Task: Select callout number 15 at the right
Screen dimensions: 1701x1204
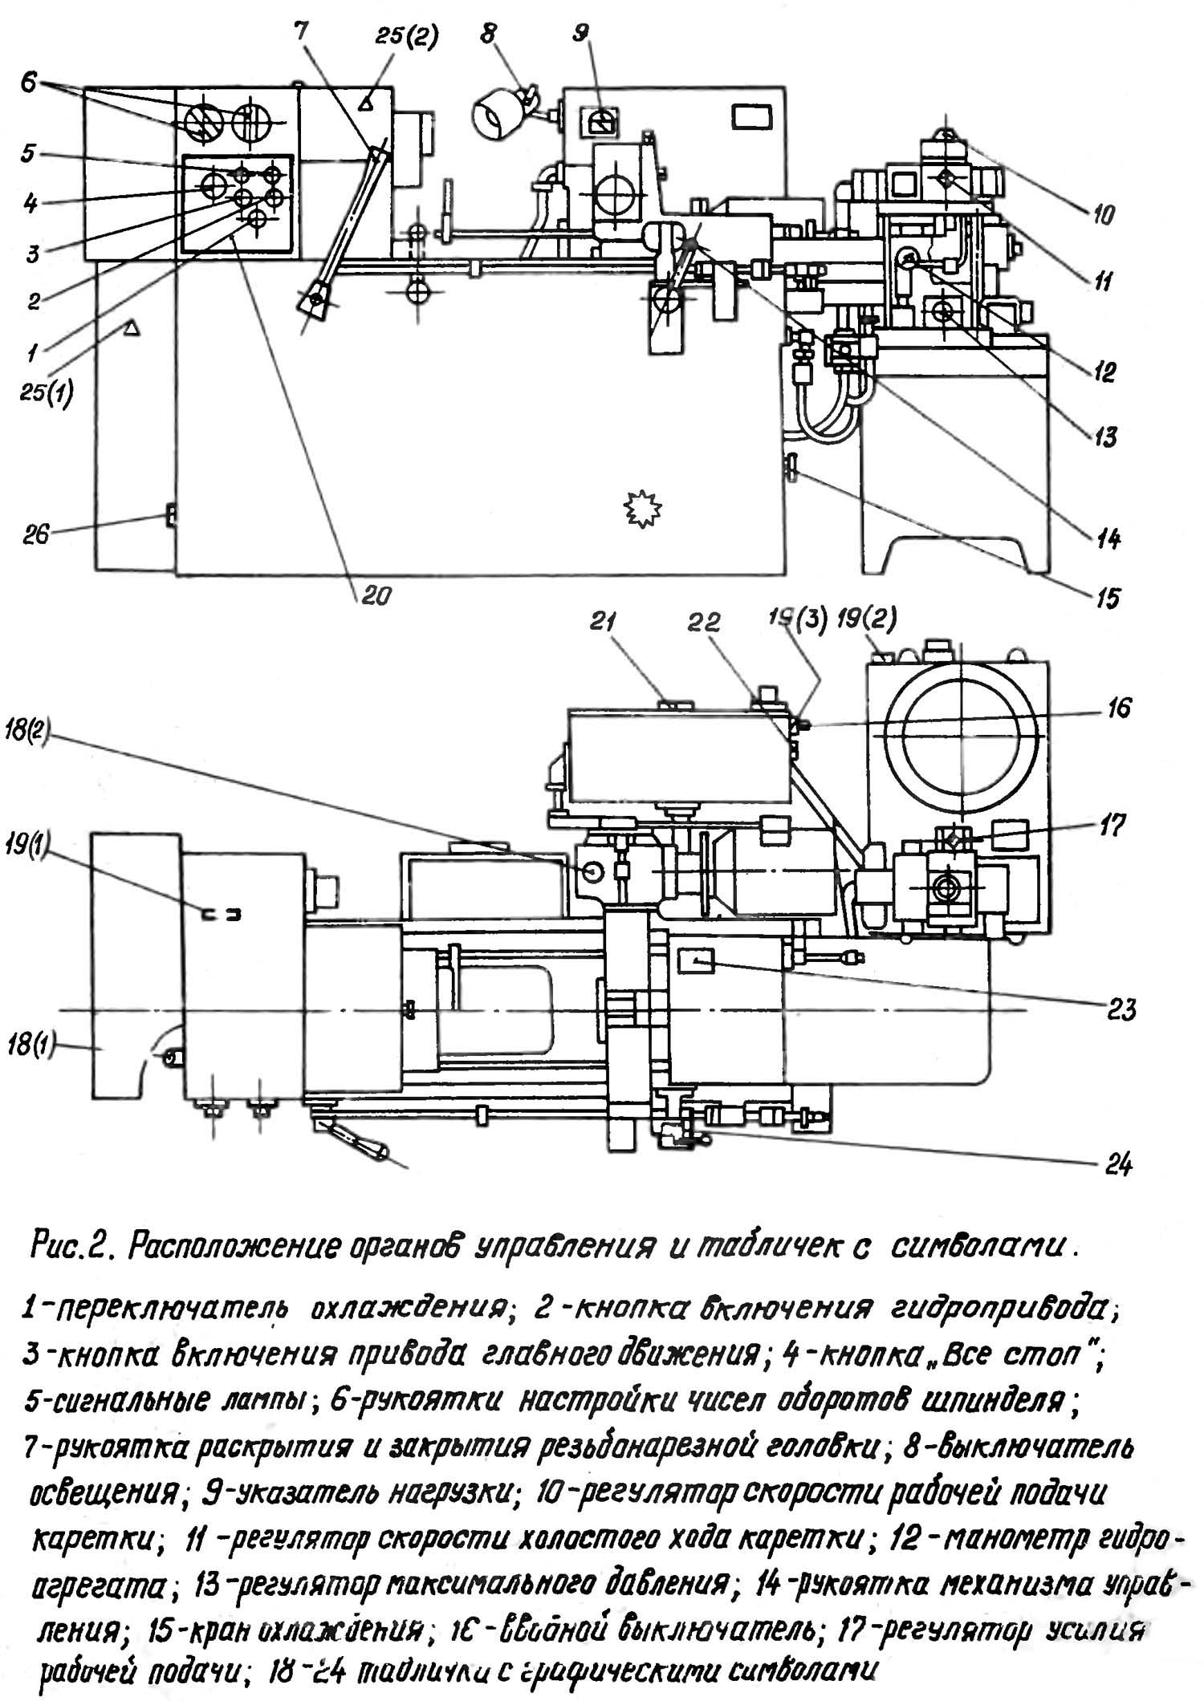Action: (1108, 598)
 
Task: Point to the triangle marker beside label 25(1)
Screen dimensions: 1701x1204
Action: (128, 327)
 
